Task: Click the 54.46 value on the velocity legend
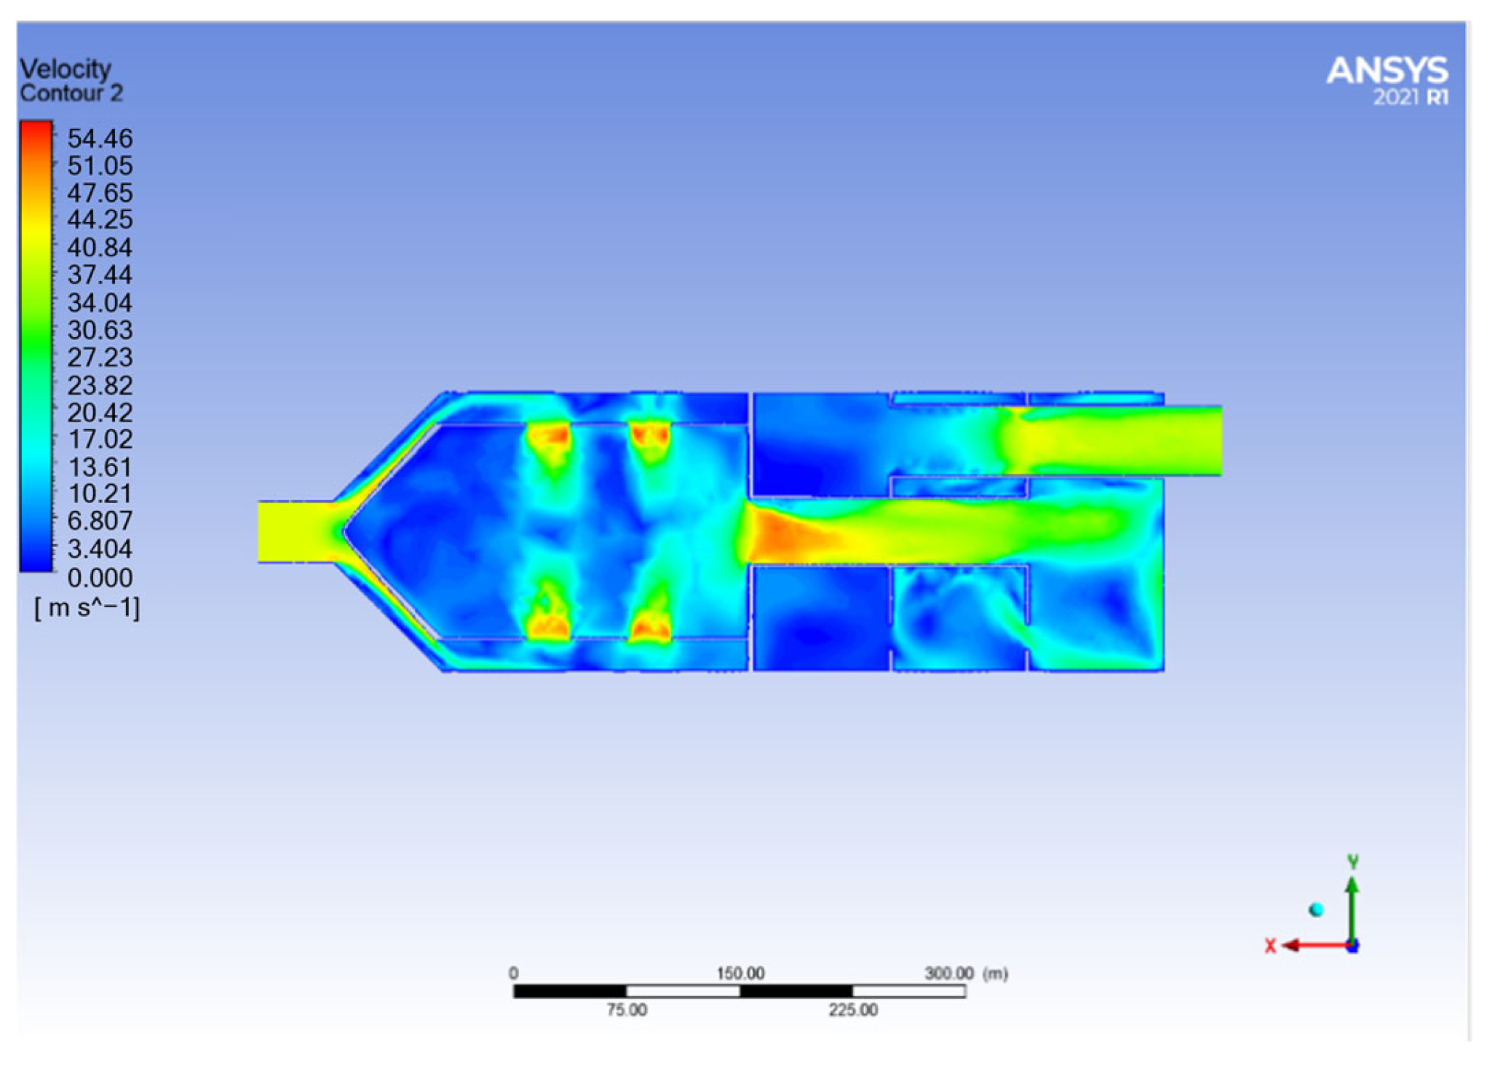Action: pyautogui.click(x=100, y=138)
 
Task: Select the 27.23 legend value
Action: pyautogui.click(x=100, y=357)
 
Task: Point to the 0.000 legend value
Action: pyautogui.click(x=100, y=578)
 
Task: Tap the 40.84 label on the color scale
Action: pyautogui.click(x=100, y=248)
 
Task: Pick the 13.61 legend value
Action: pyautogui.click(x=100, y=467)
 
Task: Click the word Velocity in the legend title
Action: pyautogui.click(x=66, y=69)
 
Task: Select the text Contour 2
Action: pyautogui.click(x=71, y=94)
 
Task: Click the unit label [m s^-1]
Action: pyautogui.click(x=87, y=607)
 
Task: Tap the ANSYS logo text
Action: pyautogui.click(x=1387, y=71)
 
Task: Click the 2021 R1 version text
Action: pyautogui.click(x=1411, y=97)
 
